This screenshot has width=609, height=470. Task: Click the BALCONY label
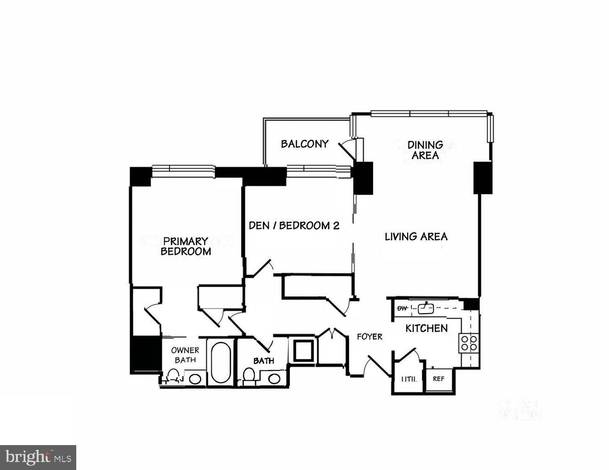tap(304, 144)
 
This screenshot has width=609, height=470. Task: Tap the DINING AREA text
tap(425, 150)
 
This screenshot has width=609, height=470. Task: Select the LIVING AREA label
tap(416, 236)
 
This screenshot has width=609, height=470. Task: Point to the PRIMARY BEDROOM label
tap(185, 246)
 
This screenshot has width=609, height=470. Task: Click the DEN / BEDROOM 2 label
tap(294, 226)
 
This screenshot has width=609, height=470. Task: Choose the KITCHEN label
tap(426, 329)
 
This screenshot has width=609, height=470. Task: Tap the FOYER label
tap(369, 337)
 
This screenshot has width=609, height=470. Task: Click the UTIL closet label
tap(409, 379)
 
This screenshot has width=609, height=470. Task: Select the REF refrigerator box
tap(439, 379)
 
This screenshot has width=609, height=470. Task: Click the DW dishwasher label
tap(402, 308)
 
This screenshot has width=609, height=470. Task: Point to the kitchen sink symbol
tap(426, 308)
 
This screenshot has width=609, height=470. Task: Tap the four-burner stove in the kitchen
tap(469, 343)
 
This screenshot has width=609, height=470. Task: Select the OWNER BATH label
tap(185, 355)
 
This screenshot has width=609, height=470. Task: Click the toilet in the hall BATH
tap(249, 375)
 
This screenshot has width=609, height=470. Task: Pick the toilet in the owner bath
tap(174, 376)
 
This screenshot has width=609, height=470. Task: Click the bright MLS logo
tap(38, 457)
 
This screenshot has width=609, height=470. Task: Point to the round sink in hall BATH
tap(274, 378)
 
